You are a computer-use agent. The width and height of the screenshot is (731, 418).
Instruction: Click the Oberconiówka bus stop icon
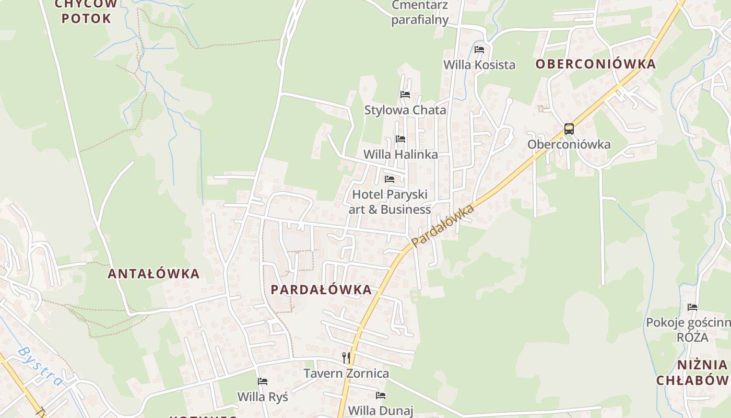tap(569, 129)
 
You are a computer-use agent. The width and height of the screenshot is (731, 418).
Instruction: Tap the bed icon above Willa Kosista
tap(479, 50)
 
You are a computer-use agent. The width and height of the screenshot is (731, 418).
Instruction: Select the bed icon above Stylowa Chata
tap(405, 95)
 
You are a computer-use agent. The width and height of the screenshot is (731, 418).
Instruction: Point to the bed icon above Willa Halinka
tap(400, 139)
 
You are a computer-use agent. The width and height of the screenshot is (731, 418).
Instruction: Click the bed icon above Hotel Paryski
tap(390, 179)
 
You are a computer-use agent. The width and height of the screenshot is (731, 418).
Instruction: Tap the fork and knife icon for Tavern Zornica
tap(346, 358)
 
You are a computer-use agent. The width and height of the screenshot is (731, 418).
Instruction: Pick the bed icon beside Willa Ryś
tap(263, 381)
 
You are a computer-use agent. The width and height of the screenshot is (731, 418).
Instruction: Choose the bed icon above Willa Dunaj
tap(381, 396)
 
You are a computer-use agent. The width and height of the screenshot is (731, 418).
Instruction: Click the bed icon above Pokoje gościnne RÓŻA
tap(692, 307)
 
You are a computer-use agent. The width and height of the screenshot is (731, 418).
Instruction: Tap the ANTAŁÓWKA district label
tap(154, 273)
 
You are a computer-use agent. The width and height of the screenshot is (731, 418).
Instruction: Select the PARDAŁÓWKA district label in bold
tap(321, 289)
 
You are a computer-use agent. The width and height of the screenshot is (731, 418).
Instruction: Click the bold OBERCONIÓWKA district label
tap(595, 64)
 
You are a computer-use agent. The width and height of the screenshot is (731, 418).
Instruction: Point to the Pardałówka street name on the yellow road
tap(443, 226)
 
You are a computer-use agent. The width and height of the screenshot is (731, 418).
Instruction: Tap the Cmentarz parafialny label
tap(420, 13)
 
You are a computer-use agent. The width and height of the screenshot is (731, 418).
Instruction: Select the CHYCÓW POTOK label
tap(87, 11)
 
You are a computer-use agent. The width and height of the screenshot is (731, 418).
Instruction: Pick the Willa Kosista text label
tap(479, 65)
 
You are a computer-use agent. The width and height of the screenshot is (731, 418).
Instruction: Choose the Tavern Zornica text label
tap(346, 373)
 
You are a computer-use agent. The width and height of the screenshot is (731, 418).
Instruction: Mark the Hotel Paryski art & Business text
tap(390, 202)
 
